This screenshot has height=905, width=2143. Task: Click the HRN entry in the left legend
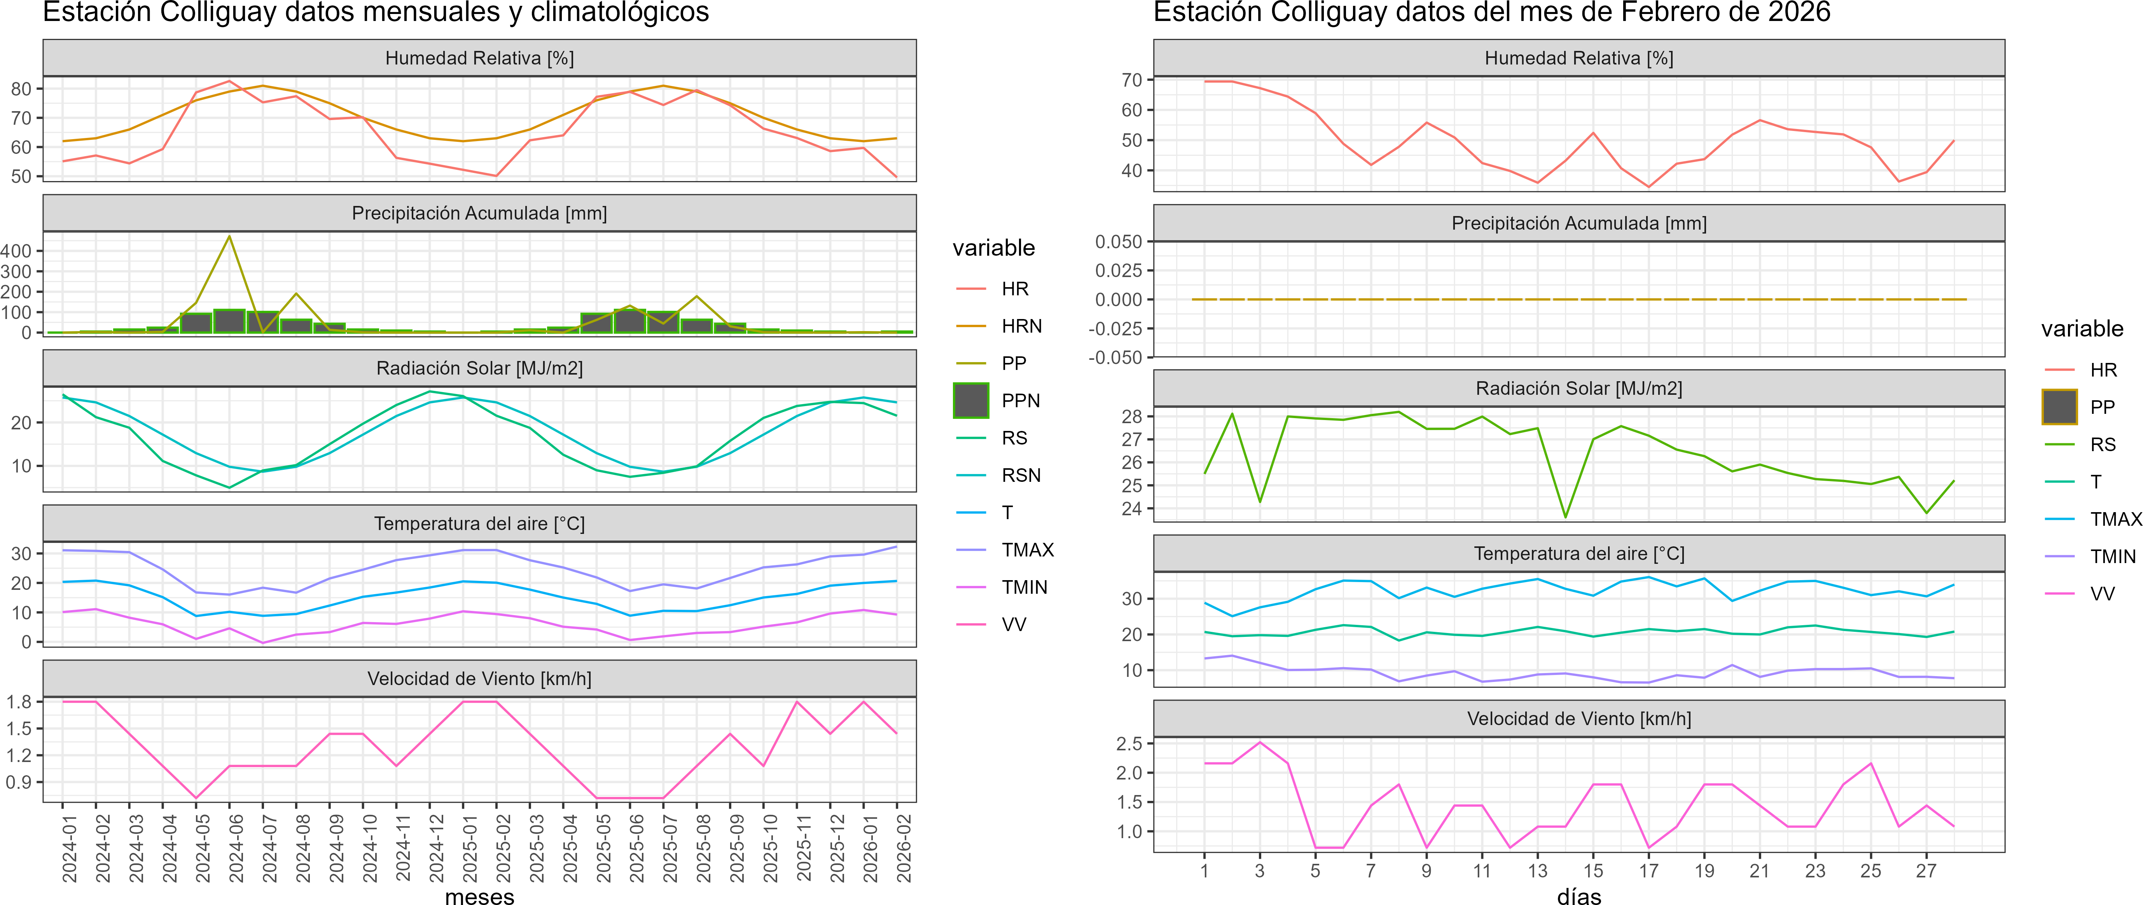[1021, 326]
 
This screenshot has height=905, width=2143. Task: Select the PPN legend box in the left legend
[971, 400]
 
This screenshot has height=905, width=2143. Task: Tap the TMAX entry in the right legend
[2115, 519]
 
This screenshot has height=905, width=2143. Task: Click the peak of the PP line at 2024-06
[230, 237]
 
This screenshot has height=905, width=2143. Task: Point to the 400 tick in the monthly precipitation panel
[17, 250]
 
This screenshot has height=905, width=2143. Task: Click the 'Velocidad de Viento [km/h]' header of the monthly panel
[479, 679]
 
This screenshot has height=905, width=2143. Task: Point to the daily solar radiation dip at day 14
[1565, 516]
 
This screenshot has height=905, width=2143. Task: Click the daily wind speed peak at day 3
[1260, 742]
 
